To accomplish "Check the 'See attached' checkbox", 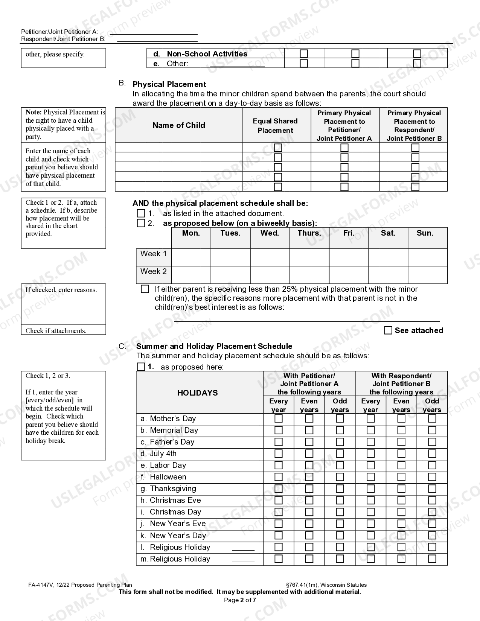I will point(388,330).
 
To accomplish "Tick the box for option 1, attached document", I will point(141,213).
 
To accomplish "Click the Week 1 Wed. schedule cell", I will point(270,257).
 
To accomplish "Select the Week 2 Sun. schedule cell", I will point(427,275).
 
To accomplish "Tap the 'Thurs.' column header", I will point(309,233).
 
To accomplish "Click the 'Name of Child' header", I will point(179,125).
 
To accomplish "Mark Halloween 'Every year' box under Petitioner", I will point(279,477).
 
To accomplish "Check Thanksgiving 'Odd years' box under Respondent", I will point(432,489).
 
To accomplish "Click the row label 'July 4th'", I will point(163,454).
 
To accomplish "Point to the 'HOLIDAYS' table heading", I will point(198,393).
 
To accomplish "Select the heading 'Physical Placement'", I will point(169,84).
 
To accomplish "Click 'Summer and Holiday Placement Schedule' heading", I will point(214,346).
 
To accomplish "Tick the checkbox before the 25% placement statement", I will point(145,289).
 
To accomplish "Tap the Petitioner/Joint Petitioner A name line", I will point(154,32).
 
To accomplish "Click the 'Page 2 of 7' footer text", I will point(240,600).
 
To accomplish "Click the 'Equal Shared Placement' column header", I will point(275,126).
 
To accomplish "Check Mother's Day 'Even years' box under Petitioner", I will point(309,419).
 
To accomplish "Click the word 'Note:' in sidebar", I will point(34,112).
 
